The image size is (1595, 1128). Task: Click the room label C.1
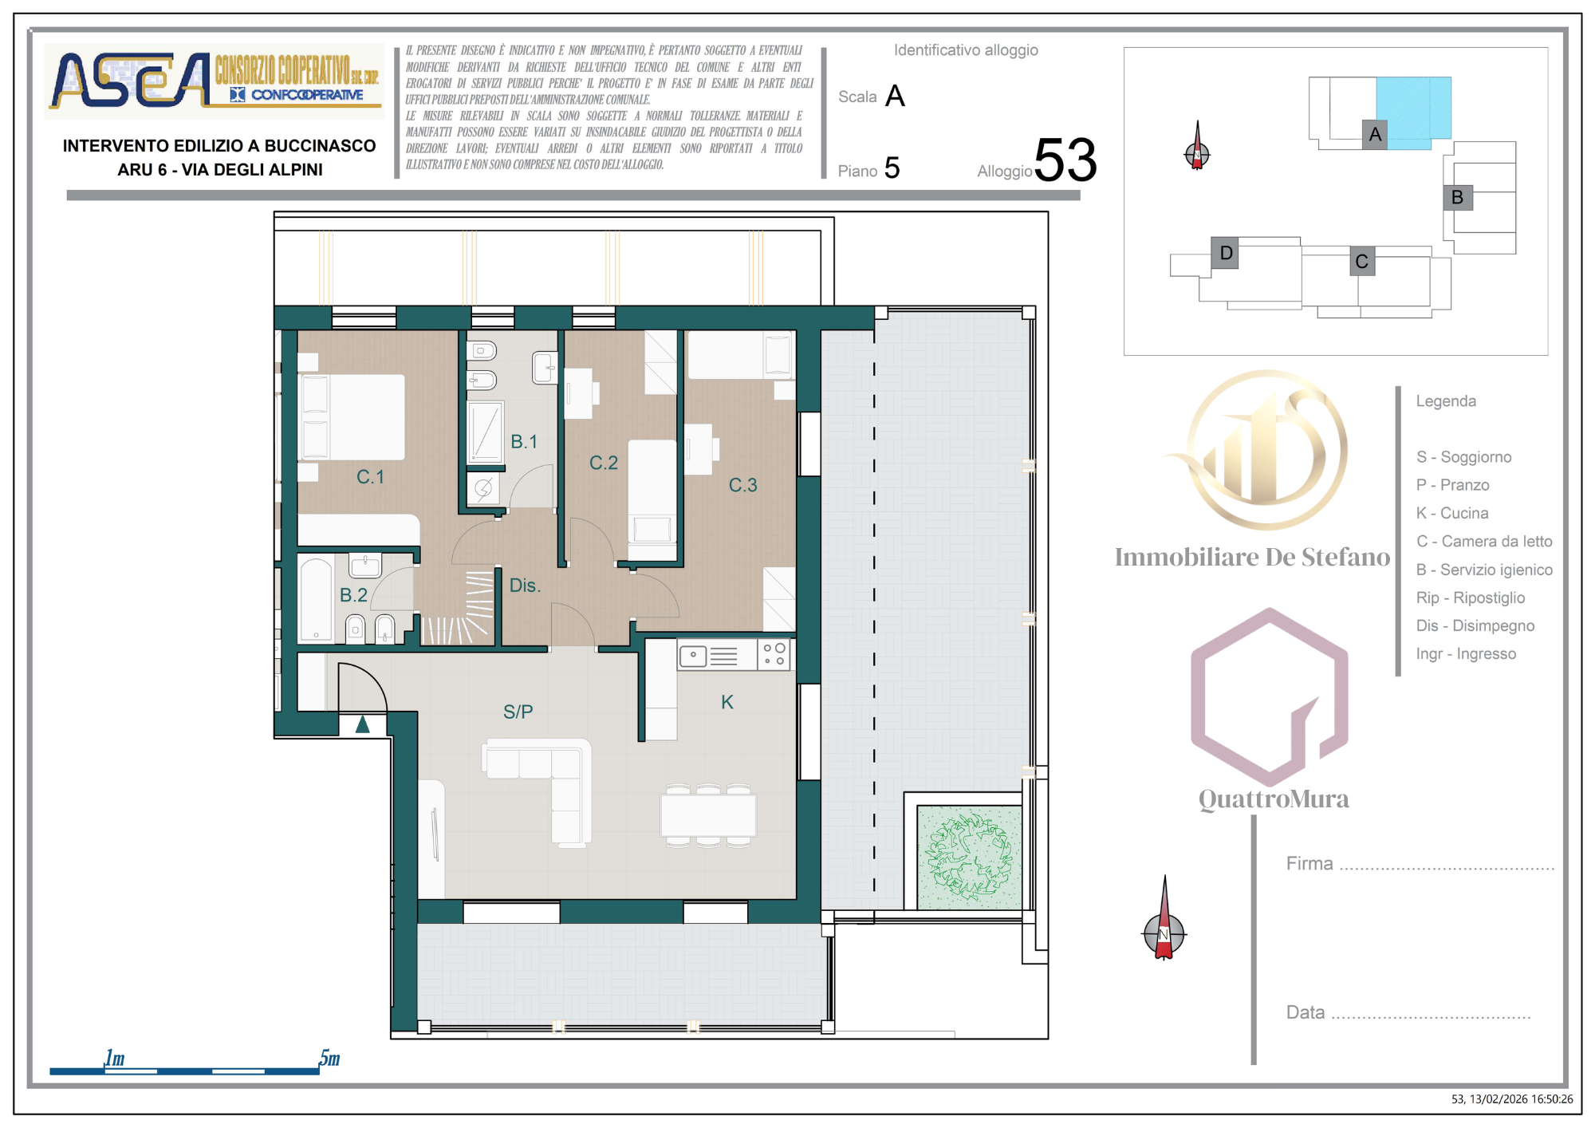click(x=370, y=477)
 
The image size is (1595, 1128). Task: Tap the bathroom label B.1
click(x=524, y=442)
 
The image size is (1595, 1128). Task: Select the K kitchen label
click(x=727, y=702)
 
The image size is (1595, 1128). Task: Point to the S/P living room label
click(x=518, y=712)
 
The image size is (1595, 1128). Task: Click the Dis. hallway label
click(x=525, y=586)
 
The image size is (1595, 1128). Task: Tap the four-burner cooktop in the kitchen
click(x=774, y=654)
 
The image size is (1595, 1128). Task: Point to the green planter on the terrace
click(x=969, y=858)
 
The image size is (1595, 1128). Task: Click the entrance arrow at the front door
click(x=363, y=724)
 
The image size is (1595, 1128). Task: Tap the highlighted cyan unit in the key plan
click(x=1413, y=112)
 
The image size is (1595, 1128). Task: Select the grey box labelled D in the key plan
click(x=1225, y=253)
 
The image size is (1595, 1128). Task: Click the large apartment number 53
click(x=1065, y=160)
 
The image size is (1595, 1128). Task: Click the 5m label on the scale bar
click(x=329, y=1059)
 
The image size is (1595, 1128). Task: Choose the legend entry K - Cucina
click(x=1452, y=513)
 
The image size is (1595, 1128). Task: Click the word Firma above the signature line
click(x=1309, y=863)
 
